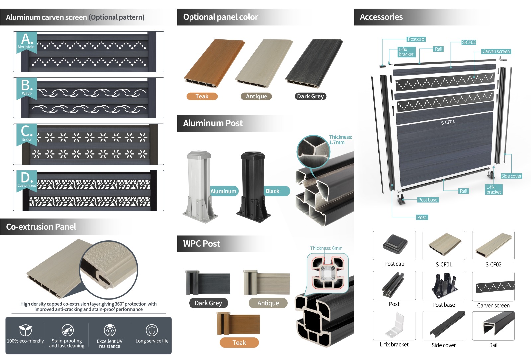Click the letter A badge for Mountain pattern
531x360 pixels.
26,41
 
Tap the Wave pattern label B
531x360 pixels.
26,88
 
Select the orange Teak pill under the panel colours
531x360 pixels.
202,96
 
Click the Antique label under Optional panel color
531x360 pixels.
256,96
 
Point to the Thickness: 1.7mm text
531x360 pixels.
341,140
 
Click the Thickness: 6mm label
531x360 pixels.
326,248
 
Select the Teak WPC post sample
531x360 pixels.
238,323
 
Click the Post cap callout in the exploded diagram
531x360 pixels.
416,39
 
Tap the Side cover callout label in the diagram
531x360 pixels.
511,176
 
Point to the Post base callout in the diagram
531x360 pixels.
428,200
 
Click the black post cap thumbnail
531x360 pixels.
395,244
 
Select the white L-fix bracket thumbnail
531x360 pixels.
395,325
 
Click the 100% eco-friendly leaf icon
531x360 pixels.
25,330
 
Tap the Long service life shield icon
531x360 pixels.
152,330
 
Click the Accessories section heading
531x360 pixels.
381,17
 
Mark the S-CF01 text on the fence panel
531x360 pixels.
448,122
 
